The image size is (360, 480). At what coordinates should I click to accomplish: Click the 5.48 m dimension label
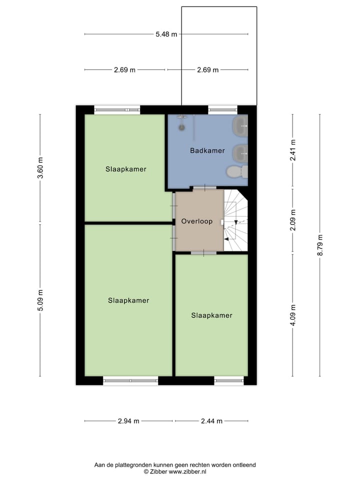(x=166, y=34)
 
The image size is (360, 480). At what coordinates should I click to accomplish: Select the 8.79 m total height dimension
(x=320, y=245)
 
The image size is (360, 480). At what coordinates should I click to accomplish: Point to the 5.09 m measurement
(x=40, y=300)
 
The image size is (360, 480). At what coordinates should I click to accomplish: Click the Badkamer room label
(x=207, y=150)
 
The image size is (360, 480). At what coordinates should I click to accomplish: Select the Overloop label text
(x=197, y=221)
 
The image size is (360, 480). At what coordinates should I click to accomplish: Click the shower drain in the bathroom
(x=182, y=126)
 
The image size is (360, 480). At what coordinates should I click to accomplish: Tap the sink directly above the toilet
(x=240, y=151)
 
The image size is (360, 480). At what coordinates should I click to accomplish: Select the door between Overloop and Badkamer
(x=205, y=188)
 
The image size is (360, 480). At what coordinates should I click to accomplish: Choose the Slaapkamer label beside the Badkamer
(x=126, y=169)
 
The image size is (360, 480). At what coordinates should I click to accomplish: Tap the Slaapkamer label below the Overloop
(x=211, y=315)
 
